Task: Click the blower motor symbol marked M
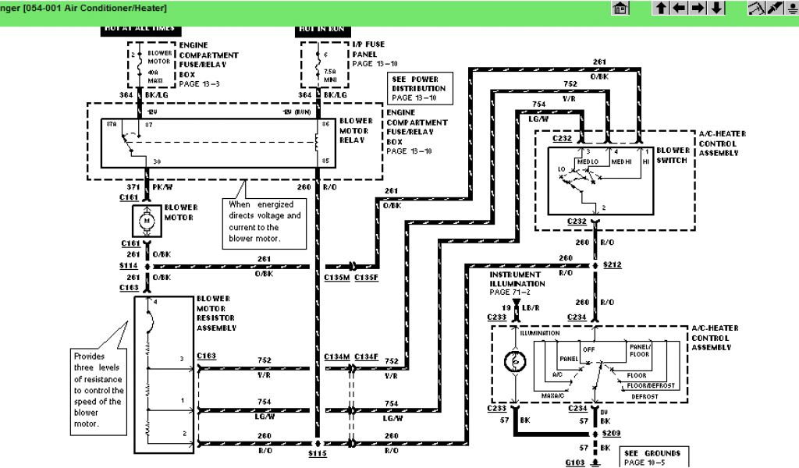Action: [x=147, y=222]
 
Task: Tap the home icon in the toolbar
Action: [x=621, y=9]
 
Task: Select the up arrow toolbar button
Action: [x=662, y=9]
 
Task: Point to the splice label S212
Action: [x=613, y=265]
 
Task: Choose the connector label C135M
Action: [x=337, y=277]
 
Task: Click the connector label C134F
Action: [x=366, y=356]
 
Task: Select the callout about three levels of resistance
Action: [x=98, y=390]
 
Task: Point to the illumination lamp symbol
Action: [x=516, y=360]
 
